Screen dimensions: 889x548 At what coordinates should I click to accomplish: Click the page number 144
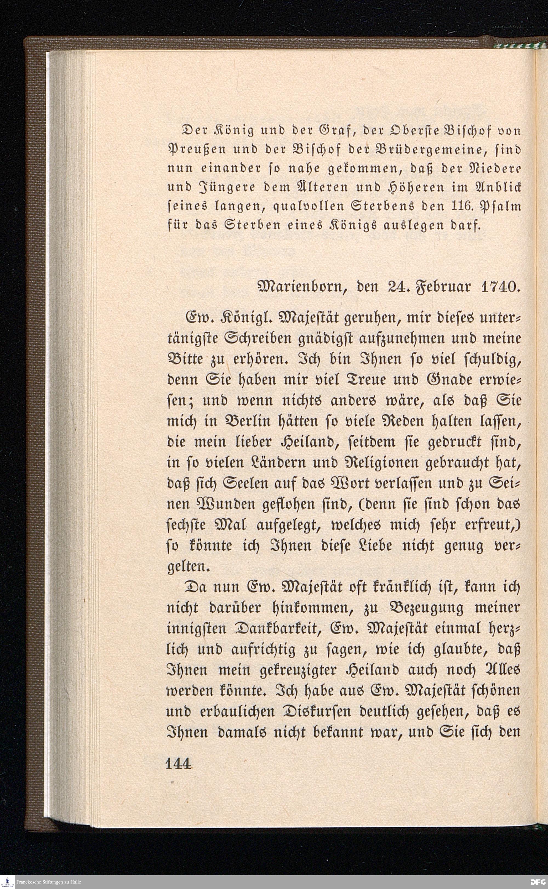tap(178, 765)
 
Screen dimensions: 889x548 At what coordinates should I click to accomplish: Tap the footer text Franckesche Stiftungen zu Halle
tap(48, 882)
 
